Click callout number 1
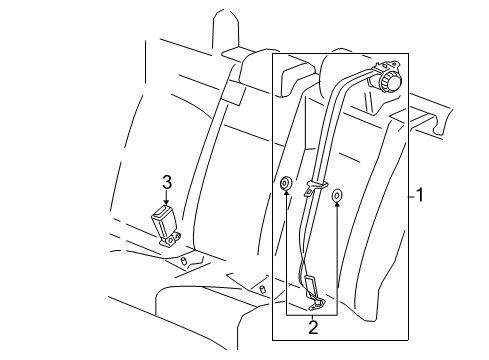pyautogui.click(x=420, y=196)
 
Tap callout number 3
pyautogui.click(x=167, y=181)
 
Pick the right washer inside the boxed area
pyautogui.click(x=337, y=194)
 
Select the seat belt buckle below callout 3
pyautogui.click(x=162, y=223)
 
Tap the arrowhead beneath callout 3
pyautogui.click(x=167, y=204)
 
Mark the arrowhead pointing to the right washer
pyautogui.click(x=337, y=208)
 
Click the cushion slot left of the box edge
pyautogui.click(x=262, y=289)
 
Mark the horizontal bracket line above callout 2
pyautogui.click(x=311, y=313)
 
